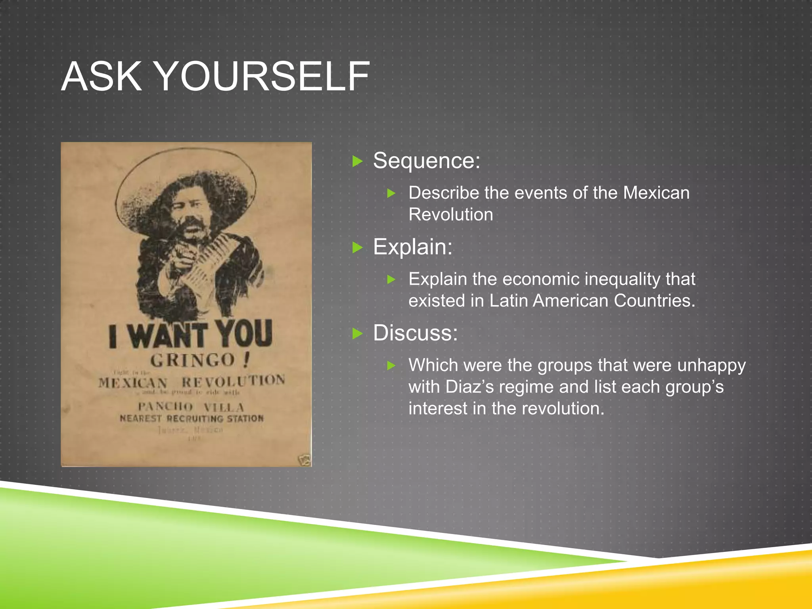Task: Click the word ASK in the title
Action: click(x=101, y=76)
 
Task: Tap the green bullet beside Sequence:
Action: click(x=358, y=161)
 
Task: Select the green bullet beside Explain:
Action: click(x=358, y=248)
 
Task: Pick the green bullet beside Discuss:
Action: click(x=358, y=333)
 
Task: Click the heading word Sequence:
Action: click(x=426, y=161)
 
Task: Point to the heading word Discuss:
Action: click(x=415, y=333)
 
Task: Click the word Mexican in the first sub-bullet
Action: click(x=656, y=193)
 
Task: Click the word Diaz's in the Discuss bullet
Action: click(x=470, y=387)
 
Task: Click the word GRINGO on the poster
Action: click(x=193, y=360)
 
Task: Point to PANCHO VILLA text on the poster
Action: click(x=191, y=407)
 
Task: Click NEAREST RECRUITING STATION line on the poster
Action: click(x=192, y=419)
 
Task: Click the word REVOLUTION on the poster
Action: click(x=233, y=381)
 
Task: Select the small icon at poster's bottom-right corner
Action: click(x=304, y=460)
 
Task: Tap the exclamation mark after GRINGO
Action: click(x=247, y=359)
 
